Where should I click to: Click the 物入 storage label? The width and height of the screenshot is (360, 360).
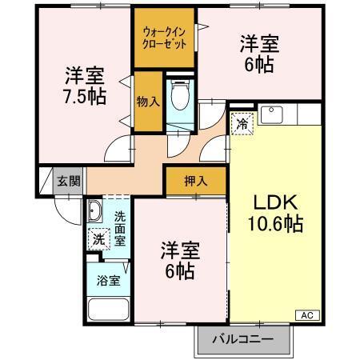[148, 101]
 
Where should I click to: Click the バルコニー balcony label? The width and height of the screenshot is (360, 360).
[242, 338]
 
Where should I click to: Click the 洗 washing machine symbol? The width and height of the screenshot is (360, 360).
[98, 238]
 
